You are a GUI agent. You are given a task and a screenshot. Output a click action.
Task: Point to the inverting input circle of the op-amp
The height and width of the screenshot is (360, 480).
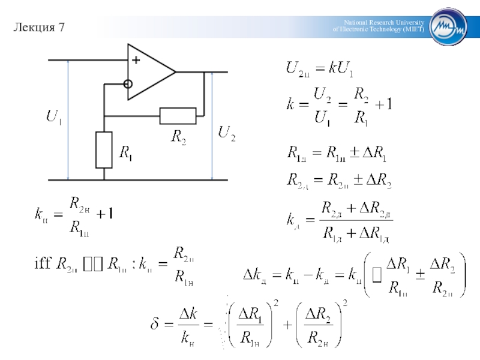pos(128,84)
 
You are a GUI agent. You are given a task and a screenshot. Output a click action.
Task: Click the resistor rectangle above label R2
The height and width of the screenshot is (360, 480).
pos(178,115)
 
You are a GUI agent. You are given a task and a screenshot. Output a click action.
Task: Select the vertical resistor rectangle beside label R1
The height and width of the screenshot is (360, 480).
pos(104,150)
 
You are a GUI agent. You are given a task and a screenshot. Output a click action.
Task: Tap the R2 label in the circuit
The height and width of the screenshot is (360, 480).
pos(179,137)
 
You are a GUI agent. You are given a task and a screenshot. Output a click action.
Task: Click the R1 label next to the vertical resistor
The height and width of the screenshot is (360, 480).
pos(126,154)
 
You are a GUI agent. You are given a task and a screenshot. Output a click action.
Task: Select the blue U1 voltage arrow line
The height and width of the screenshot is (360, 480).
pos(68,120)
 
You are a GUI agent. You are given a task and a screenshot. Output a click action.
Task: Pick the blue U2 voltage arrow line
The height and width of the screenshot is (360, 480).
pos(212,126)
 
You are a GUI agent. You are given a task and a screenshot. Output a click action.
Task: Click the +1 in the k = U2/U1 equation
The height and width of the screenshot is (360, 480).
pos(383,105)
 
